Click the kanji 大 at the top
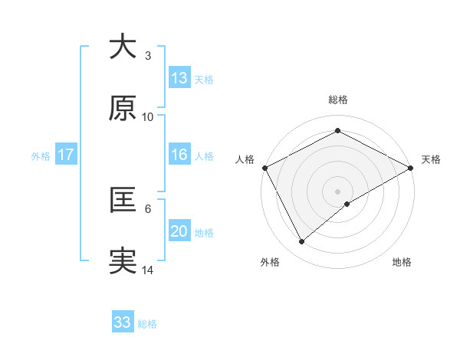coord(123,47)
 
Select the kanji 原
coord(123,108)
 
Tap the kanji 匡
coord(123,200)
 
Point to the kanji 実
coord(123,261)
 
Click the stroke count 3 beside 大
coord(148,56)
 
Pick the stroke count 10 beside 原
coord(148,117)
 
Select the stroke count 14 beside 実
coord(148,270)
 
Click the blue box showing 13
coord(179,78)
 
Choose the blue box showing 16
coord(179,155)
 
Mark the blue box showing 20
coord(179,231)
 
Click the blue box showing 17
coord(66,155)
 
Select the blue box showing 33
coord(123,322)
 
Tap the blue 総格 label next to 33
coord(147,324)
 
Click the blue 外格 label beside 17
coord(41,156)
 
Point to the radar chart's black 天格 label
coord(431,159)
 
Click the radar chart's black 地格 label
coord(402,262)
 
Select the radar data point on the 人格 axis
coord(264,168)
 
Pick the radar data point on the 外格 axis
coord(302,241)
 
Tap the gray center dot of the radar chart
coord(337,191)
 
